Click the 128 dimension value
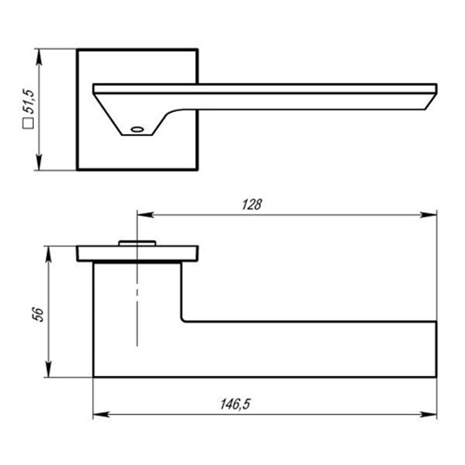pos(252,205)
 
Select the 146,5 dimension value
pos(235,404)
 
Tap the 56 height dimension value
pos(38,315)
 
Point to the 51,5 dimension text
pos(29,101)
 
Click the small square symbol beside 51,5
pos(28,123)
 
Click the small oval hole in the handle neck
pos(137,129)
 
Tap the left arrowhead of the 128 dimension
pos(145,214)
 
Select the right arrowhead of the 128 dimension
pos(429,214)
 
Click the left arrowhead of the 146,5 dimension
pos(101,414)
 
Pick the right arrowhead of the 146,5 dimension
pos(429,414)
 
